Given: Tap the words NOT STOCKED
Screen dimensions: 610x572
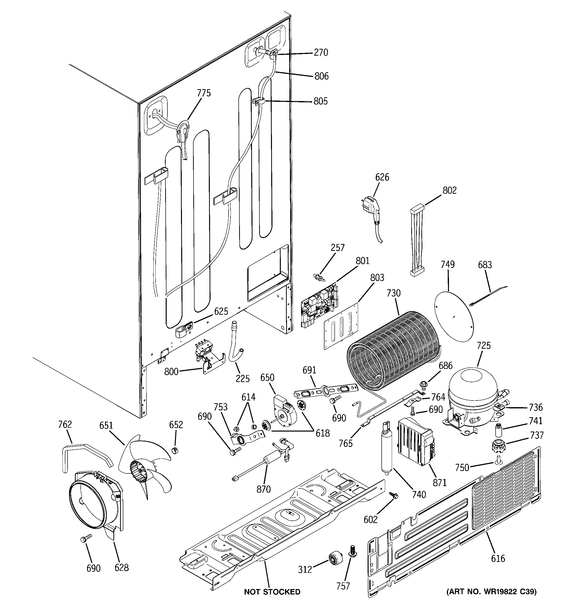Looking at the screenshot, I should click(x=272, y=592).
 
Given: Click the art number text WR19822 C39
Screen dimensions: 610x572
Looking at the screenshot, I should click(x=491, y=591).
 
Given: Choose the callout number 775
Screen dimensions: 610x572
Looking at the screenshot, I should click(x=204, y=93).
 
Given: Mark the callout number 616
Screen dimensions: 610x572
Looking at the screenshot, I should click(x=498, y=558).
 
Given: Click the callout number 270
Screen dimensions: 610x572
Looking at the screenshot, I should click(x=321, y=53).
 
